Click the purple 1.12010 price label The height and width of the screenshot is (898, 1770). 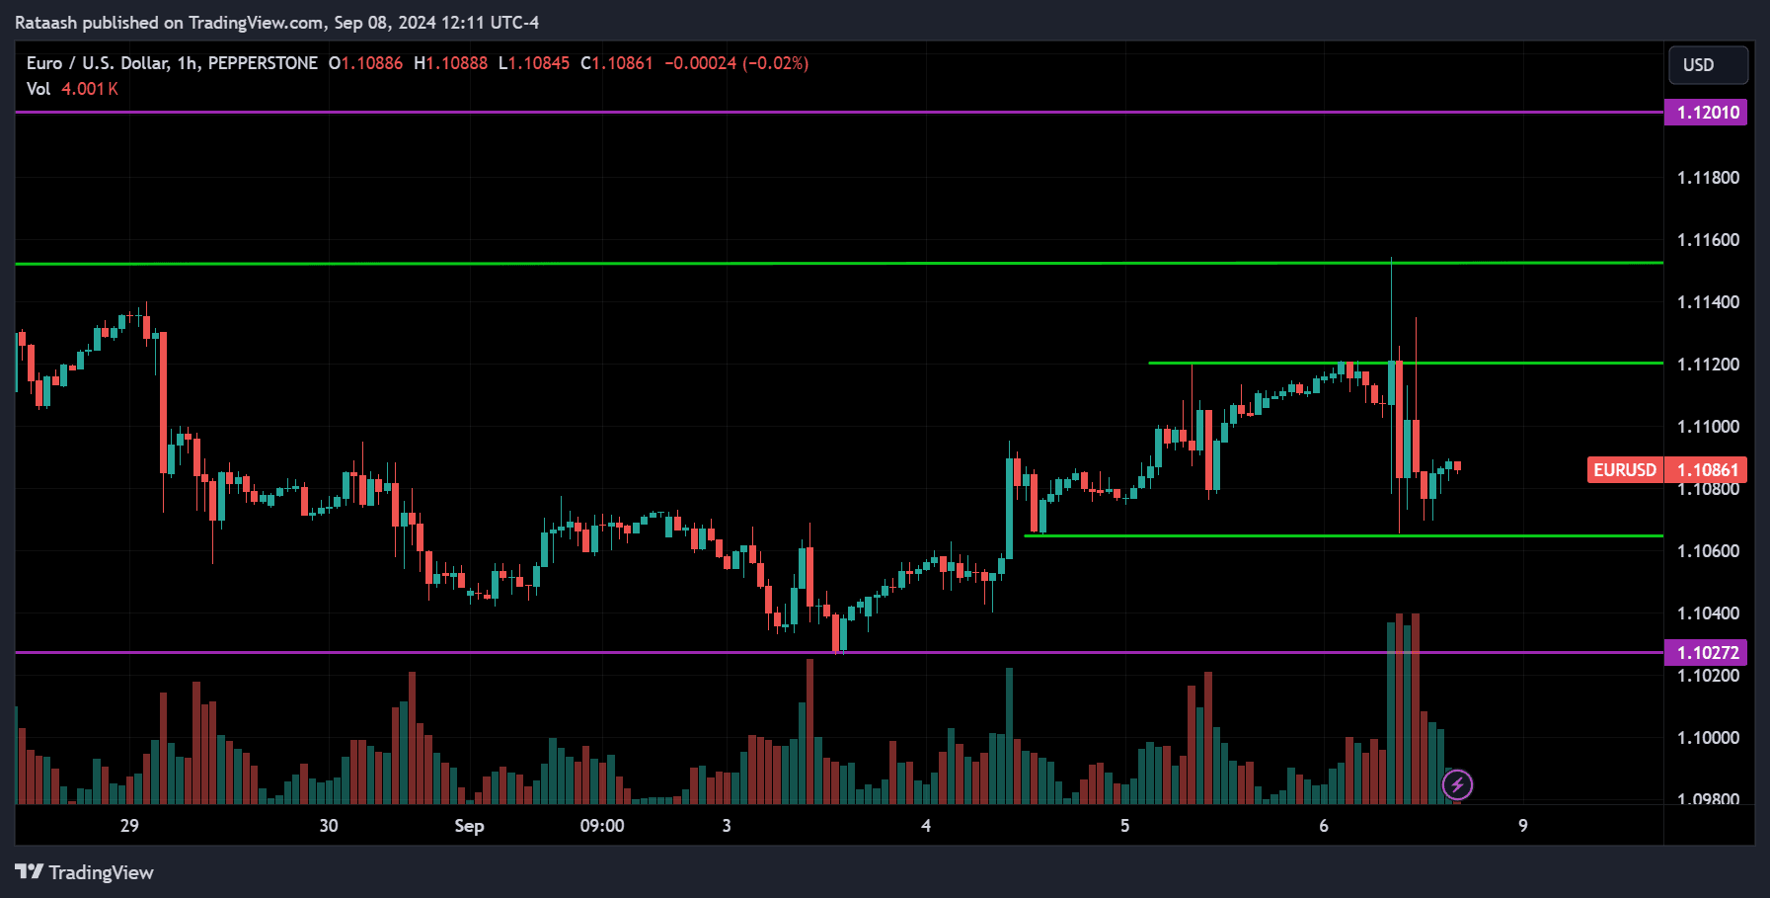pyautogui.click(x=1707, y=113)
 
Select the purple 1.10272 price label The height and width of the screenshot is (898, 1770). pyautogui.click(x=1707, y=653)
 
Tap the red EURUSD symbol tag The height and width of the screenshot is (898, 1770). pyautogui.click(x=1625, y=470)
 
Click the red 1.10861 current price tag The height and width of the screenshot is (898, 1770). pyautogui.click(x=1707, y=470)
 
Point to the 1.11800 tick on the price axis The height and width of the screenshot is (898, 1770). pyautogui.click(x=1708, y=178)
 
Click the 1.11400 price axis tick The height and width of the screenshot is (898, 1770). pyautogui.click(x=1708, y=302)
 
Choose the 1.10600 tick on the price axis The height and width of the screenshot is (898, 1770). pyautogui.click(x=1708, y=551)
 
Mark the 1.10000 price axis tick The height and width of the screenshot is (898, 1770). pyautogui.click(x=1708, y=738)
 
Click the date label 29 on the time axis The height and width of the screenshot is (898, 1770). pyautogui.click(x=129, y=826)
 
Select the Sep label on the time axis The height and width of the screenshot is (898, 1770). pyautogui.click(x=469, y=826)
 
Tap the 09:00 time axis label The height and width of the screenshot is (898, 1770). pyautogui.click(x=602, y=826)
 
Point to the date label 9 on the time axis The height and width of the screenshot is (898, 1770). pyautogui.click(x=1523, y=826)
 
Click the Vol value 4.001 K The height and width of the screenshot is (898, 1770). pyautogui.click(x=90, y=89)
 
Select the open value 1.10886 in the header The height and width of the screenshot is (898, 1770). pyautogui.click(x=371, y=63)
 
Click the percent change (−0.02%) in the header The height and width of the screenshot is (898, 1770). pyautogui.click(x=776, y=63)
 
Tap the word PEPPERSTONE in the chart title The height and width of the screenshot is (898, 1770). pyautogui.click(x=263, y=63)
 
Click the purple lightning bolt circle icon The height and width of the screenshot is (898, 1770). pyautogui.click(x=1457, y=785)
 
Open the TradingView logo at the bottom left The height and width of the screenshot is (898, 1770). pyautogui.click(x=85, y=872)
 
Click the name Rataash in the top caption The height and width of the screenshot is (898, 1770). pyautogui.click(x=46, y=23)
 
